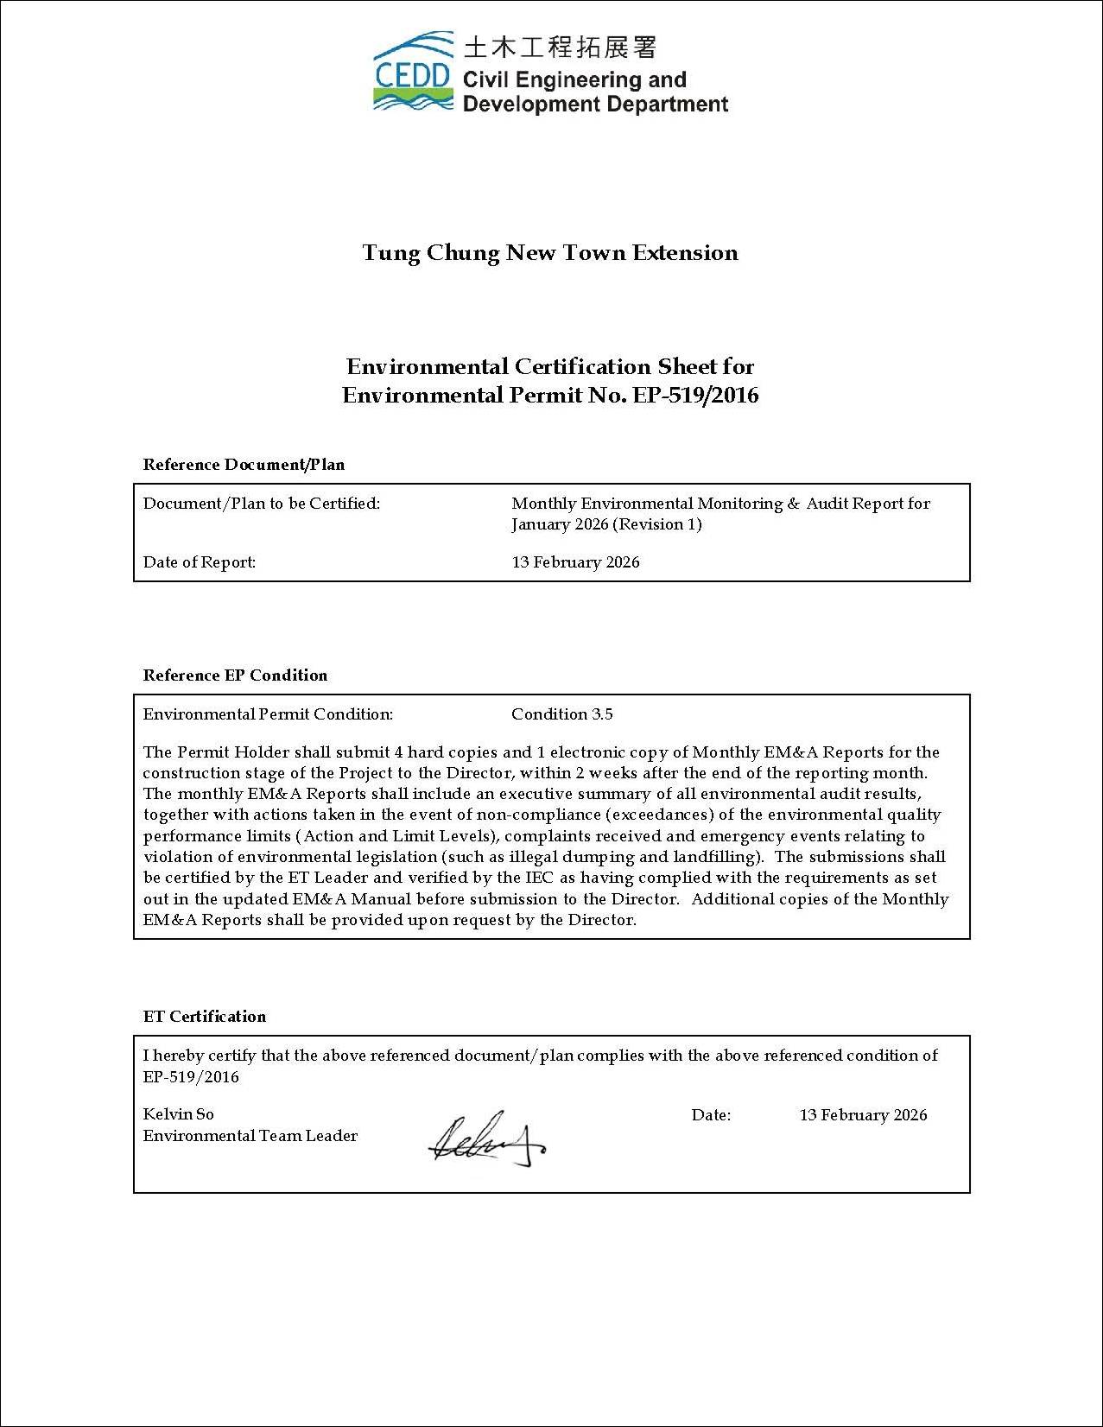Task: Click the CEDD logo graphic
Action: (413, 72)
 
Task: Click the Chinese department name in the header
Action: (560, 47)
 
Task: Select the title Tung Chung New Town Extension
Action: (550, 253)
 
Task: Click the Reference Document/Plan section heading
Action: (244, 465)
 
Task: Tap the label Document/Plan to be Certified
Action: (261, 504)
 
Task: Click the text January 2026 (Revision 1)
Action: (606, 524)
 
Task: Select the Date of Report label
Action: (200, 562)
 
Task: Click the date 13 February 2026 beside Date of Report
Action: (575, 562)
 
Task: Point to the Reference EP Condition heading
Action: (235, 675)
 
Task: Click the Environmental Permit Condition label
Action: (268, 714)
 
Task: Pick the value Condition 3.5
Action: (561, 714)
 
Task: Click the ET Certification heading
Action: (205, 1017)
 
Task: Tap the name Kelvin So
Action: (179, 1114)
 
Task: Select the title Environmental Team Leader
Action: (250, 1136)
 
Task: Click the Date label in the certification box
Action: (711, 1115)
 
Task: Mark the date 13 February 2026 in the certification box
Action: (863, 1115)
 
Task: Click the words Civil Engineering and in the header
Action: (574, 80)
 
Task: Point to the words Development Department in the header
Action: (596, 105)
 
